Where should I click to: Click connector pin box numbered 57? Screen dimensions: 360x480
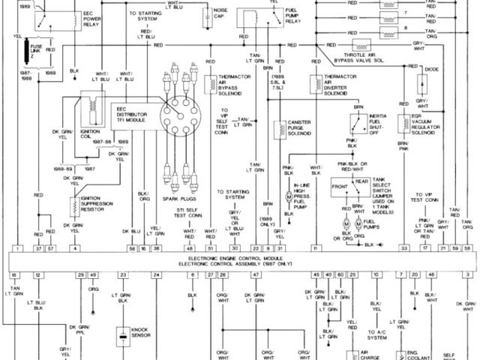(x=50, y=247)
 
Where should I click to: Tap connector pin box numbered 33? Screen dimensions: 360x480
(x=403, y=247)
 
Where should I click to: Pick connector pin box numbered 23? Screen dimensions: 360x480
(x=123, y=276)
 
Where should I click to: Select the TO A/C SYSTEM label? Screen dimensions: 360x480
(x=377, y=334)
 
